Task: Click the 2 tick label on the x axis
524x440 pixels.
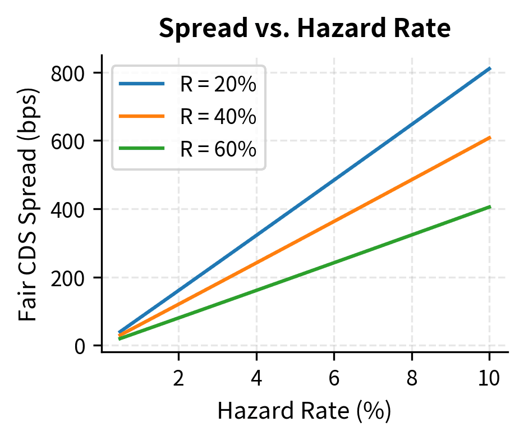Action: coord(178,378)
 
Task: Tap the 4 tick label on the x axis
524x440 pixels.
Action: coord(256,378)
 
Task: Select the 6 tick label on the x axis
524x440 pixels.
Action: coord(334,378)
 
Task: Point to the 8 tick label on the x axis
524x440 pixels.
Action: coord(412,378)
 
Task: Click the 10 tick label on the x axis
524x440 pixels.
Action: coord(490,378)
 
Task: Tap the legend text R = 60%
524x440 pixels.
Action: coord(218,149)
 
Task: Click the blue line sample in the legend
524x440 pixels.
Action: coord(142,84)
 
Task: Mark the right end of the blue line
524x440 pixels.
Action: coord(490,68)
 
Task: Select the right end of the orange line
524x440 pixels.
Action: coord(490,137)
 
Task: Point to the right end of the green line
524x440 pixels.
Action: coord(490,207)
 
